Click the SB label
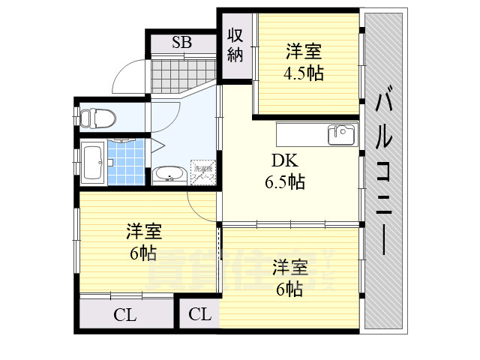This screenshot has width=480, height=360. click(x=181, y=42)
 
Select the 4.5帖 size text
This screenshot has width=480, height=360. click(x=303, y=73)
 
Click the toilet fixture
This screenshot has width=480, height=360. click(x=98, y=118)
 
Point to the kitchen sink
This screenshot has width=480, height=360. click(x=341, y=135)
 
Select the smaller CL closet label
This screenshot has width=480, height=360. click(x=199, y=314)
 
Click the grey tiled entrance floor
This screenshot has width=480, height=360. click(x=177, y=75)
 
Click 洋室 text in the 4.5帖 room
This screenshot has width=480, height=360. click(x=303, y=52)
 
